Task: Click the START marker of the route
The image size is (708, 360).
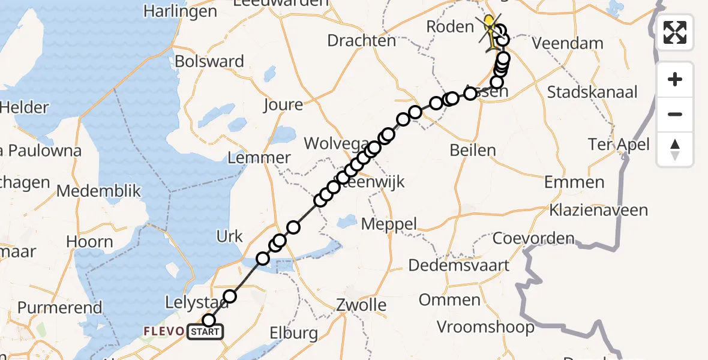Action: (205, 331)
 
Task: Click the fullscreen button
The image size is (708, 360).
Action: (675, 32)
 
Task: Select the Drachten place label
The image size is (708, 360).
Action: (362, 40)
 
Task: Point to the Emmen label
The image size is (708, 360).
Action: (574, 182)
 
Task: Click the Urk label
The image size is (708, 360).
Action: (229, 236)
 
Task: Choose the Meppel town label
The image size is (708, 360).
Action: (389, 224)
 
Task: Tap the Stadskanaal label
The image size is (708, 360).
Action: (593, 92)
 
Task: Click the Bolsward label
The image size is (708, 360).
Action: (209, 61)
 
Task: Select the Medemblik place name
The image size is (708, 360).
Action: (99, 191)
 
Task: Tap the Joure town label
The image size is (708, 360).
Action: (283, 105)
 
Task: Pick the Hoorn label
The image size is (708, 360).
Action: (90, 242)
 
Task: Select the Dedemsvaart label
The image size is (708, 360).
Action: (459, 265)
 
